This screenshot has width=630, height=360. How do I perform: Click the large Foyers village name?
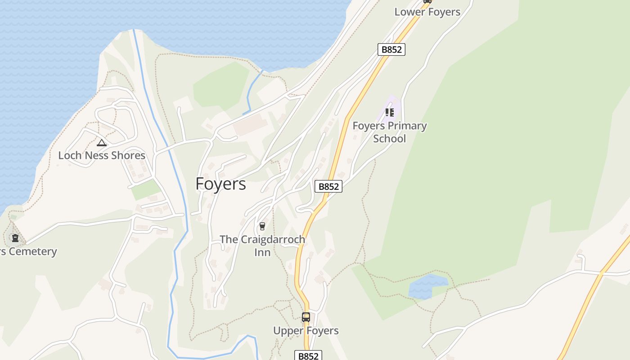tap(220, 184)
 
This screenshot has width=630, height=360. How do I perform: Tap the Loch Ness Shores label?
tap(102, 155)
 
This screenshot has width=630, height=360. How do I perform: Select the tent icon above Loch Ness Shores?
tap(102, 143)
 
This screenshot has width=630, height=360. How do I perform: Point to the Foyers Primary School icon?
tap(389, 112)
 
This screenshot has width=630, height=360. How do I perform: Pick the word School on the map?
tap(389, 139)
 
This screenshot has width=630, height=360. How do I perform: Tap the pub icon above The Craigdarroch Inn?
tap(262, 226)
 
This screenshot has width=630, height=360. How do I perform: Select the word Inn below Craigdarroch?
tap(262, 252)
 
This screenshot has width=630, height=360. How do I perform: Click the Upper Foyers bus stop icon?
tap(306, 317)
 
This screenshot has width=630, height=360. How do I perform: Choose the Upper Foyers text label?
tap(306, 331)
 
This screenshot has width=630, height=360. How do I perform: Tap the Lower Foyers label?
tap(427, 12)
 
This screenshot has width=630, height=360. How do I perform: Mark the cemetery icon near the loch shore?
tap(15, 238)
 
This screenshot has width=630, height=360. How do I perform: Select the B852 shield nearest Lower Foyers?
tap(391, 49)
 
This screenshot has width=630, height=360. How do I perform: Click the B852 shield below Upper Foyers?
tap(308, 356)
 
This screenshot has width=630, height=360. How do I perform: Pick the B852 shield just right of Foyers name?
tap(328, 186)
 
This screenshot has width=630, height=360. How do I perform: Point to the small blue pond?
tap(426, 286)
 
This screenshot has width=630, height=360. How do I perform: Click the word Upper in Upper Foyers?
tap(288, 331)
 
